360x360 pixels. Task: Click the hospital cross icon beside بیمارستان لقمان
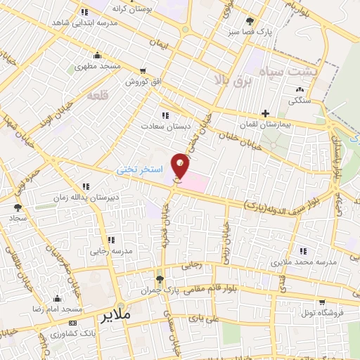(x=265, y=112)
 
